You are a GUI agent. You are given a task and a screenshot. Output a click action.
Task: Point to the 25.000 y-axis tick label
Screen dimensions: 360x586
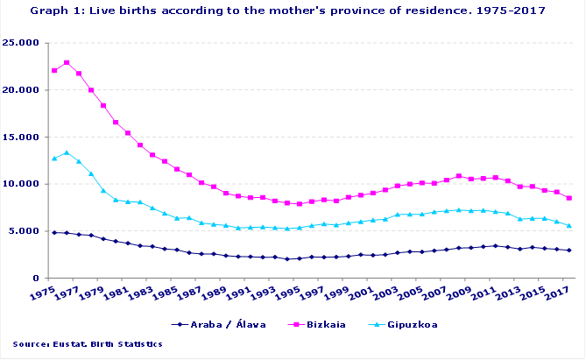pyautogui.click(x=25, y=43)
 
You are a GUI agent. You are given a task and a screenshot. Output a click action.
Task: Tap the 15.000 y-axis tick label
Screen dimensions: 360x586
pyautogui.click(x=25, y=138)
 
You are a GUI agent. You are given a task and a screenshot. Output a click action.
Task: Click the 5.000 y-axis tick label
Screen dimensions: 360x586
pyautogui.click(x=28, y=232)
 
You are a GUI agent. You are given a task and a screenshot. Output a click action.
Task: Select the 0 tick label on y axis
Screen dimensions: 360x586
pyautogui.click(x=37, y=279)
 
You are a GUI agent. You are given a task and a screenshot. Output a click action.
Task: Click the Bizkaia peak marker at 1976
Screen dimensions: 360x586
pyautogui.click(x=67, y=63)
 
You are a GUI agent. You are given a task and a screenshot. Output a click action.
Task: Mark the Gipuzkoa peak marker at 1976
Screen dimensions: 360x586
pyautogui.click(x=67, y=152)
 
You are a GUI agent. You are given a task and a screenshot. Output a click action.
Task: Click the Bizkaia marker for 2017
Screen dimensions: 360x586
pyautogui.click(x=569, y=198)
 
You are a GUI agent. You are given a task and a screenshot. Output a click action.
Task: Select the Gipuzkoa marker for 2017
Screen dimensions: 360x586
pyautogui.click(x=569, y=226)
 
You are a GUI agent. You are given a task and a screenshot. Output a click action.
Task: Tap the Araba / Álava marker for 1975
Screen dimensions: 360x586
pyautogui.click(x=54, y=232)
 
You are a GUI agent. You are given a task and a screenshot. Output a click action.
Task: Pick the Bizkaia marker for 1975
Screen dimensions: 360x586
pyautogui.click(x=54, y=70)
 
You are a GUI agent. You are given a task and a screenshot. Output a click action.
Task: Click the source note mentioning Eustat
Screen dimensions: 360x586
pyautogui.click(x=88, y=344)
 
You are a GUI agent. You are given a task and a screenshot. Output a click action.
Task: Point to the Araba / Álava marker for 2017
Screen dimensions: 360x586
pyautogui.click(x=569, y=251)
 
